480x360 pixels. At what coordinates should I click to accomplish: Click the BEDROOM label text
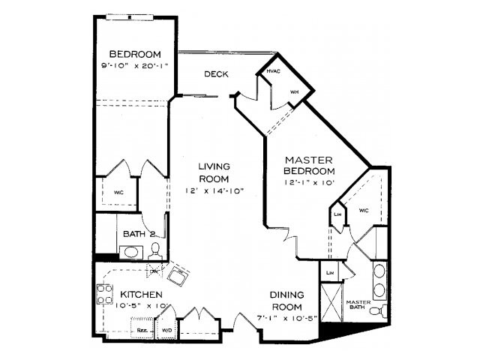136,55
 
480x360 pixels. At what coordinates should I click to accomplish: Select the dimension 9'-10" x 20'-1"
136,65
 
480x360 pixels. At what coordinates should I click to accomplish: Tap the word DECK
215,73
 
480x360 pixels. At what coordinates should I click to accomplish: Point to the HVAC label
272,71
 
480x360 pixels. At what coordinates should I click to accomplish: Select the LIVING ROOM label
214,172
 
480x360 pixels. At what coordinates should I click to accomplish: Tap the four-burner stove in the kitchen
104,294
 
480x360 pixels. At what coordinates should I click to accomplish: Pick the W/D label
166,328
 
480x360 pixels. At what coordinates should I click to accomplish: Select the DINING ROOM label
286,301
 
